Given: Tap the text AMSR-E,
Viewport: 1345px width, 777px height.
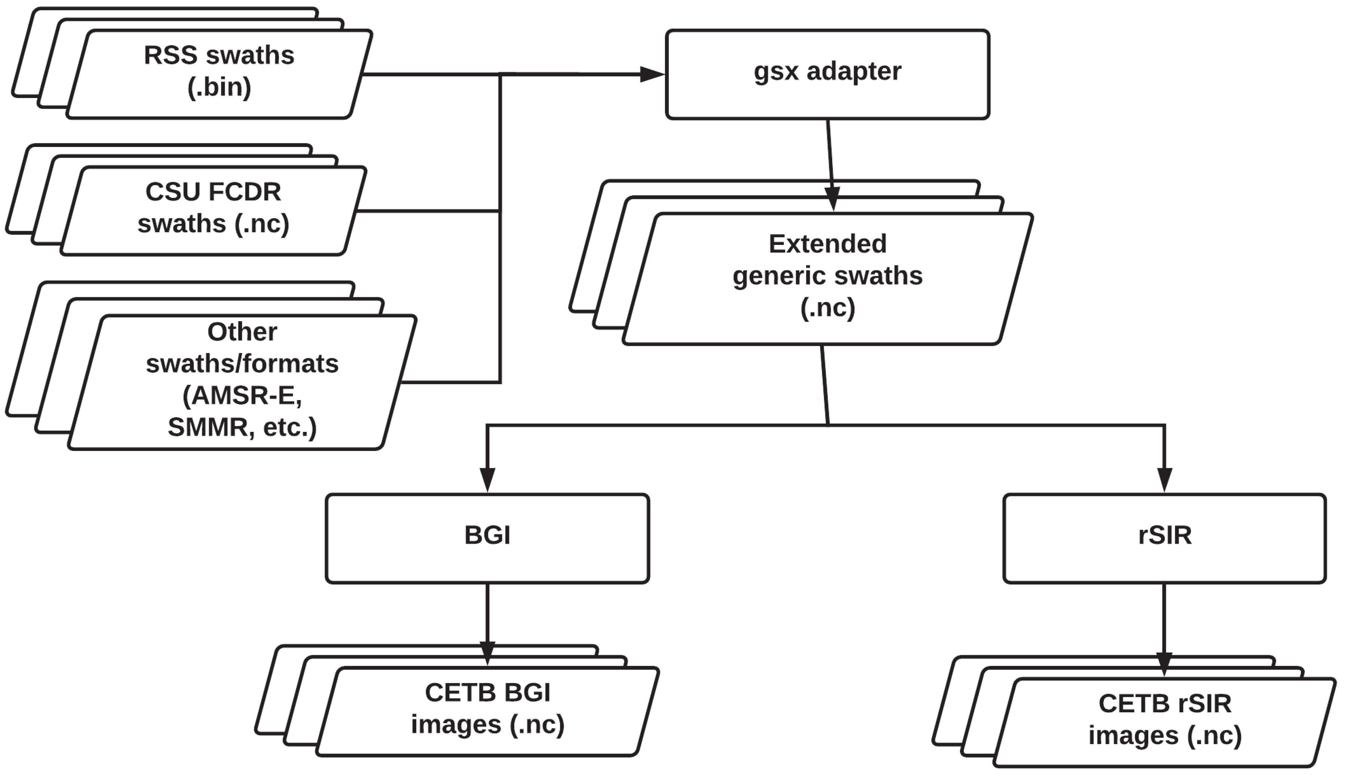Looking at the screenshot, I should (242, 396).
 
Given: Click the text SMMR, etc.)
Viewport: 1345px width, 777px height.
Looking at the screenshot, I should (242, 427).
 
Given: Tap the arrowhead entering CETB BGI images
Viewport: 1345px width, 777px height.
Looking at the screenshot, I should (487, 652).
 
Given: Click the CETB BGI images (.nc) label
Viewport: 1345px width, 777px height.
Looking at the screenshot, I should (487, 709).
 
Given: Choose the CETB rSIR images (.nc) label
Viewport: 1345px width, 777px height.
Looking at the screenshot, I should (1165, 720).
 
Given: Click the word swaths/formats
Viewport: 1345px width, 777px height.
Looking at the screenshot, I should (242, 364).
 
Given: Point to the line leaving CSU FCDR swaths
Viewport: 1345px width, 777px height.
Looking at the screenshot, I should (427, 211).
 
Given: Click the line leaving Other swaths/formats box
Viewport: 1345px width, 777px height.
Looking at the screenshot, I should (451, 382).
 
